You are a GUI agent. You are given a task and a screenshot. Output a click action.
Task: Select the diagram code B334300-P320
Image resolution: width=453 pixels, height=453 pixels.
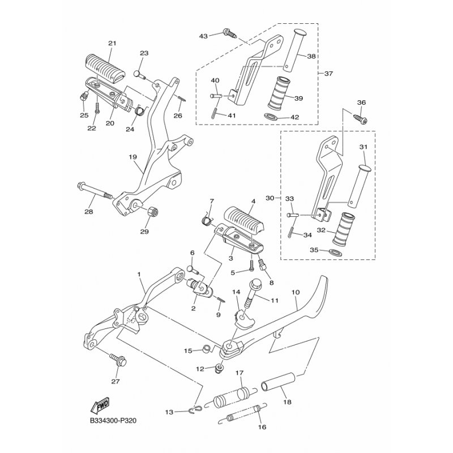pyautogui.click(x=113, y=421)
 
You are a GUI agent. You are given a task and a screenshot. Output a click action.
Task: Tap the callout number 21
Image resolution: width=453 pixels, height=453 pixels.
pyautogui.click(x=112, y=44)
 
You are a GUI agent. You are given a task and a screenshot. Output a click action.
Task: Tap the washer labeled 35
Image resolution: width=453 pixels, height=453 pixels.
pyautogui.click(x=336, y=251)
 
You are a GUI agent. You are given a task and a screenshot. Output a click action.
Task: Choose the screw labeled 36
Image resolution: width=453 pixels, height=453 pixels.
pyautogui.click(x=360, y=119)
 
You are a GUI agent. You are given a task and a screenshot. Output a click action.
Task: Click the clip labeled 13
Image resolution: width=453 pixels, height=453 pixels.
pyautogui.click(x=195, y=409)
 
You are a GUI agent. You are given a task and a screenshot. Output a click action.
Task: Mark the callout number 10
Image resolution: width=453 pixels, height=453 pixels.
pyautogui.click(x=296, y=292)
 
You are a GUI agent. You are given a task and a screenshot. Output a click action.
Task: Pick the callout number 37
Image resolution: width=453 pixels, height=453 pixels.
pyautogui.click(x=328, y=74)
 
